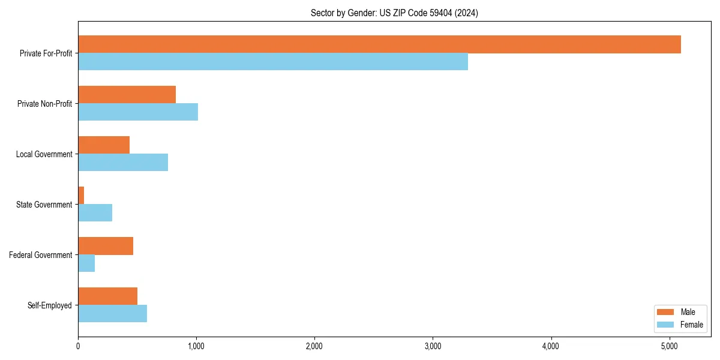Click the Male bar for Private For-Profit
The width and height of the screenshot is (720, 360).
pyautogui.click(x=379, y=44)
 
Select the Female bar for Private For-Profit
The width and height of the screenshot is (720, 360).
pyautogui.click(x=273, y=62)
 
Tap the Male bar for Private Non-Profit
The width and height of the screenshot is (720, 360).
pyautogui.click(x=127, y=95)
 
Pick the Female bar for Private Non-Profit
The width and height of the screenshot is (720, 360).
pyautogui.click(x=138, y=112)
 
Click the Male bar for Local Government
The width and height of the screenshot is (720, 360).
pyautogui.click(x=104, y=145)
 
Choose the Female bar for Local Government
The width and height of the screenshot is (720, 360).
pyautogui.click(x=123, y=163)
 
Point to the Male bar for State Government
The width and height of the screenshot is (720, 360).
pyautogui.click(x=81, y=196)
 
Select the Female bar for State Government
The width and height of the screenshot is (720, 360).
pyautogui.click(x=95, y=213)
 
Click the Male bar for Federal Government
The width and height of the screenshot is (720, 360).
pyautogui.click(x=106, y=246)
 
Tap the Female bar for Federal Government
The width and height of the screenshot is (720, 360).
pyautogui.click(x=86, y=263)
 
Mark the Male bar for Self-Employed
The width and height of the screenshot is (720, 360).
pyautogui.click(x=107, y=296)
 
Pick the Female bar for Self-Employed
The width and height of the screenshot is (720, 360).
pyautogui.click(x=112, y=314)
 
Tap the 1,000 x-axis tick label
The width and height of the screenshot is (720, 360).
pyautogui.click(x=196, y=346)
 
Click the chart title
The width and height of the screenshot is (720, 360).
pyautogui.click(x=394, y=13)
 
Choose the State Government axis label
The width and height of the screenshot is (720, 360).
pyautogui.click(x=44, y=205)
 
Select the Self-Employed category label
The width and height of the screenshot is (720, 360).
pyautogui.click(x=49, y=305)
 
